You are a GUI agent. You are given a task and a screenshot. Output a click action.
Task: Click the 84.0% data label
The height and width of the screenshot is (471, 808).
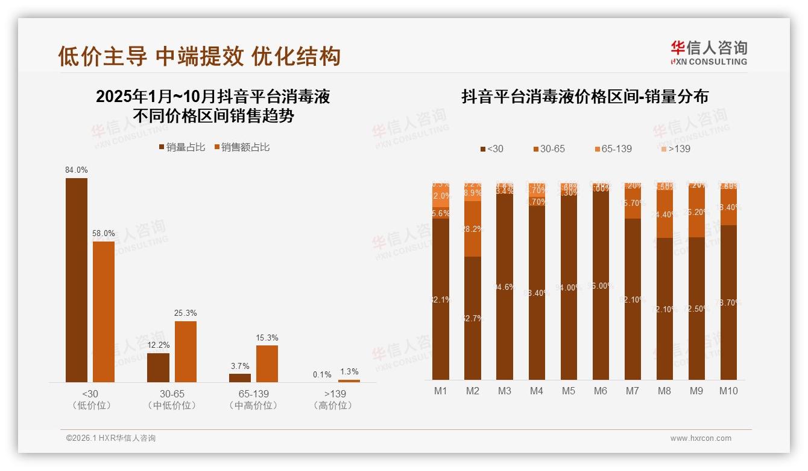(x=77, y=170)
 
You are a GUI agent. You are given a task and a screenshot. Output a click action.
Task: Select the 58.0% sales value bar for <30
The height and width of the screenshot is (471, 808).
(x=103, y=312)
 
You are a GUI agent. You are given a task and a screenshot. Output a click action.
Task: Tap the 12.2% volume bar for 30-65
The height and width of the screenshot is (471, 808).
(x=158, y=368)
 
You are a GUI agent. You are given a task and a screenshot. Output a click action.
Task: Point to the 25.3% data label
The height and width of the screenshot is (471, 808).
(x=186, y=313)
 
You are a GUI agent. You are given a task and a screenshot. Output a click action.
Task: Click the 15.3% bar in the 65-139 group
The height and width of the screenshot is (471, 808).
(x=267, y=364)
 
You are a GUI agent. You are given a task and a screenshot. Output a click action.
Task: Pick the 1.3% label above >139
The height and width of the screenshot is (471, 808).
(x=349, y=372)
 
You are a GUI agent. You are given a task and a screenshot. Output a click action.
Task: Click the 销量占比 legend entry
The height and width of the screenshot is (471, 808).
(x=181, y=147)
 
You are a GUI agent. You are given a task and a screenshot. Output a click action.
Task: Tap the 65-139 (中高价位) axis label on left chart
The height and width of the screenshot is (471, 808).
(x=253, y=400)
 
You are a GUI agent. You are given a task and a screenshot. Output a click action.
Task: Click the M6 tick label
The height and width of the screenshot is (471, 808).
(x=600, y=391)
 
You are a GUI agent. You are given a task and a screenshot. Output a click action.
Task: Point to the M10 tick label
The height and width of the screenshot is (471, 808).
(x=728, y=391)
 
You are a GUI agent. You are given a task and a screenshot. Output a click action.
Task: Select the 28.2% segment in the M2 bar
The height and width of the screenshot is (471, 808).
(x=473, y=229)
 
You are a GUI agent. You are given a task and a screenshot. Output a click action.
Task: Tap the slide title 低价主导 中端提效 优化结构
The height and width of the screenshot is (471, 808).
(x=199, y=56)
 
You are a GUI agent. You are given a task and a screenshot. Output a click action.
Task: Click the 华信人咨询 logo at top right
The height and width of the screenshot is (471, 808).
(x=709, y=53)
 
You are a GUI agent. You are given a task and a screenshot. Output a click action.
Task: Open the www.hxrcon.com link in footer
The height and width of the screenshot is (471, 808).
(x=701, y=438)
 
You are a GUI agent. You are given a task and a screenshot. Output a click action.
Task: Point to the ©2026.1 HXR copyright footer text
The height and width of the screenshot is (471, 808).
(x=111, y=438)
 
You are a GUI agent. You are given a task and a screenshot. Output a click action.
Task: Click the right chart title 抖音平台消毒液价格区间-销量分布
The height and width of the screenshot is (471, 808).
(x=584, y=97)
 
